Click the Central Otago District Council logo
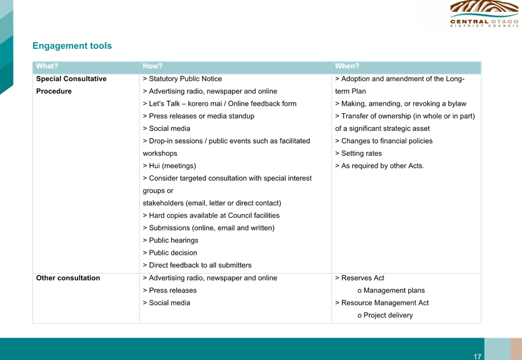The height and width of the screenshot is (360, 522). point(484,14)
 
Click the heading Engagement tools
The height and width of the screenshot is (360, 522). point(73,46)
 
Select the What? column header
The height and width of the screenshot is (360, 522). point(47,66)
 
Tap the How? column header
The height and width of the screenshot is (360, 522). point(153,66)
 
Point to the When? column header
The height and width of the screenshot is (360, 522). point(347,66)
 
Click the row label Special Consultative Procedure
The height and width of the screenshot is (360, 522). point(71,85)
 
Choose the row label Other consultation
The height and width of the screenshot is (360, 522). point(68,278)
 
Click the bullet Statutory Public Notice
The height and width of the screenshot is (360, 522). point(182,79)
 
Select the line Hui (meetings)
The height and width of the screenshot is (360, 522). point(169,166)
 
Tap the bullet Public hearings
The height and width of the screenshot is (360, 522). point(170,240)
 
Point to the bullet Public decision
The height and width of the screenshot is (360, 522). point(170,253)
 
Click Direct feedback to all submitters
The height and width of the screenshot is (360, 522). point(197,265)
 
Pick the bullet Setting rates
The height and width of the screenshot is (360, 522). point(359,154)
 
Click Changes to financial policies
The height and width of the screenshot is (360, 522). point(384,141)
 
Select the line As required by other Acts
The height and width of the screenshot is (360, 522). point(379,166)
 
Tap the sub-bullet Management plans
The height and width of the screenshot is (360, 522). point(391,290)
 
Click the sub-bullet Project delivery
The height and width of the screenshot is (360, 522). point(385,315)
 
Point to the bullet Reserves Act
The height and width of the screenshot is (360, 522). point(360,278)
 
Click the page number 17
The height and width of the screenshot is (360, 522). point(477,357)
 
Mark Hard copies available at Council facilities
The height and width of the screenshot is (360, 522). point(211,216)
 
